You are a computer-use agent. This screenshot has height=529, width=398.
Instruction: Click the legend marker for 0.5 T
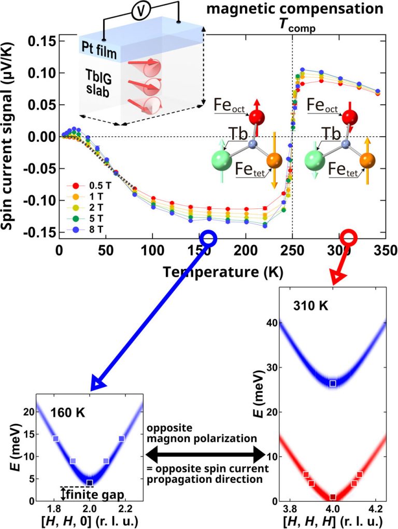pos(75,185)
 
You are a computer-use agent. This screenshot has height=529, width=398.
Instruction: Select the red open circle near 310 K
pos(349,237)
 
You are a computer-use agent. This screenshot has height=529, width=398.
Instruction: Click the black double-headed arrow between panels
pos(206,455)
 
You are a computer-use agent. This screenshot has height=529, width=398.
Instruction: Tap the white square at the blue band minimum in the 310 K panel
pos(333,383)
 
